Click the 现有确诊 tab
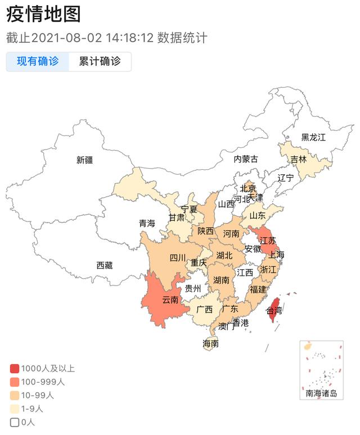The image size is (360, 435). point(38,62)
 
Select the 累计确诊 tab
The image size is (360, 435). point(100,62)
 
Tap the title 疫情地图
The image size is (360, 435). point(43,15)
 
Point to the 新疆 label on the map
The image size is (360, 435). point(84,160)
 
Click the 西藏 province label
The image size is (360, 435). point(104,265)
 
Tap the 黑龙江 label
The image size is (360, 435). point(313,137)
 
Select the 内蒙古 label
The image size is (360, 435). point(246,159)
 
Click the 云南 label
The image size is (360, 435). point(170,300)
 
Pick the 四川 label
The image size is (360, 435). point(178,259)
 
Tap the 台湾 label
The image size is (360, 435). point(274,310)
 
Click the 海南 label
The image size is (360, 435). point(211,343)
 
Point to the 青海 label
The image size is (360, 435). point(147,224)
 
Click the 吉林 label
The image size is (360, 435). point(299,159)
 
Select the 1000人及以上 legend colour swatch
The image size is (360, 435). point(15,369)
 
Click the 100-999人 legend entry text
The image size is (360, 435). point(43,382)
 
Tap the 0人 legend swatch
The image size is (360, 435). point(15,422)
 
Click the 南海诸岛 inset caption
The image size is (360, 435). point(321,393)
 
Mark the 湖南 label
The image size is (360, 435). point(221,280)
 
